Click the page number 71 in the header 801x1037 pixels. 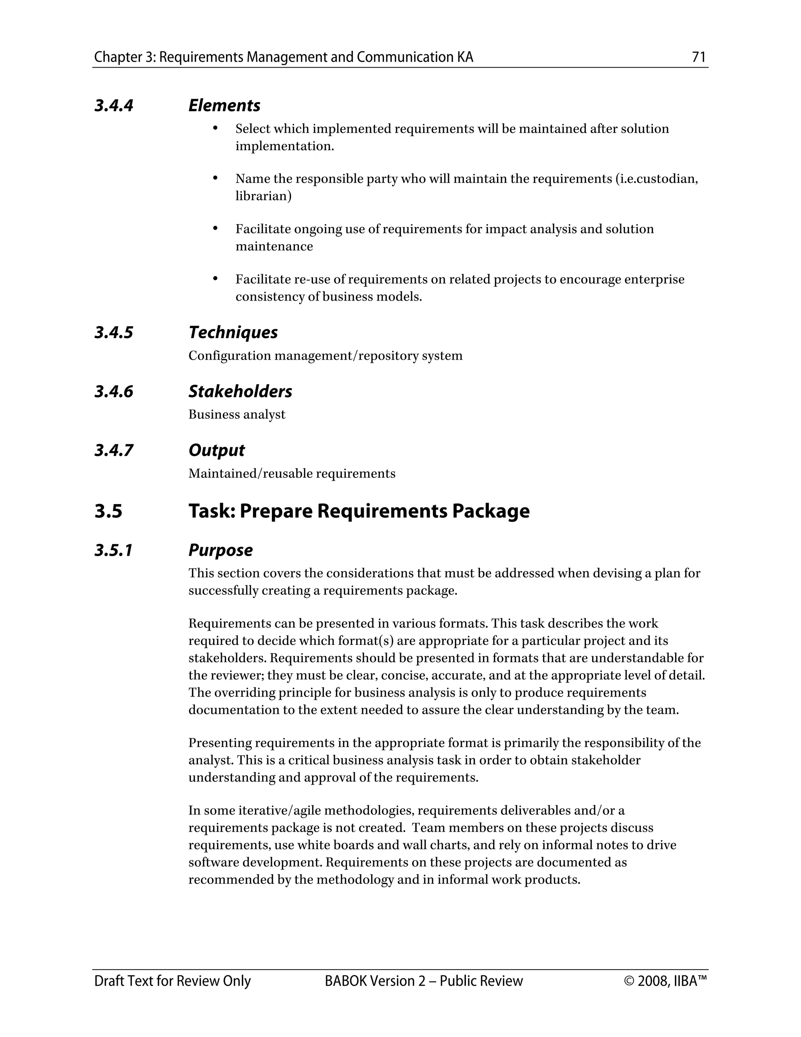(x=699, y=58)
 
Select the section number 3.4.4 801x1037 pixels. (x=114, y=105)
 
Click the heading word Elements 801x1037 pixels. (x=224, y=105)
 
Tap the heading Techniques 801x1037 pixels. (x=233, y=332)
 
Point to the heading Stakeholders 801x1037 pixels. (x=240, y=392)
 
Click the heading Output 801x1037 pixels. (x=216, y=450)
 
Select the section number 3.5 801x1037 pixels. (x=108, y=511)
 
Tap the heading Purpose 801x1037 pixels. (x=220, y=550)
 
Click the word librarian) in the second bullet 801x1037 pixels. (x=263, y=196)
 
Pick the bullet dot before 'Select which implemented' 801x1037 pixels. (x=215, y=128)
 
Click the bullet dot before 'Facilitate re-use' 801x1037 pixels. (x=215, y=279)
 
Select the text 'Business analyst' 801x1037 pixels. (x=237, y=414)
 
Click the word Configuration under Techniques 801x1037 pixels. (x=230, y=356)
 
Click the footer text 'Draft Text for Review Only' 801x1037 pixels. (x=172, y=981)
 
